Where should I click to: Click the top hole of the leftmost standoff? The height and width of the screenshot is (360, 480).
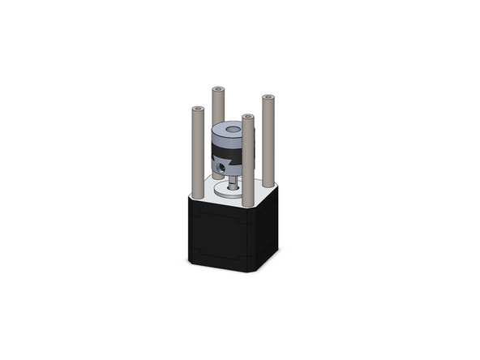pos(197,108)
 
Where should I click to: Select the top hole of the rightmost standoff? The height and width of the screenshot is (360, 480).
pos(268,97)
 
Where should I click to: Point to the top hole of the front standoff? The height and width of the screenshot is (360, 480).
pos(248,118)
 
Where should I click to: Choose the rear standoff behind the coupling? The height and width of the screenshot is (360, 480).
pos(217,105)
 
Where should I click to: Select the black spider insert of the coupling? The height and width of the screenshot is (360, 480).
pos(225,152)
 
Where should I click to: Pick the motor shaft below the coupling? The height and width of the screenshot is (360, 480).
pos(234,183)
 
